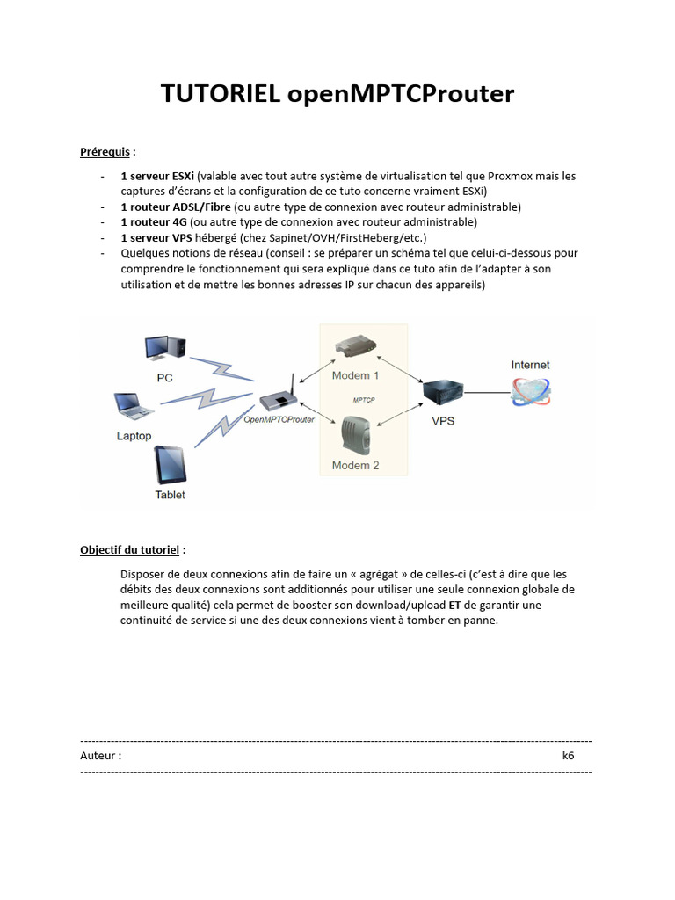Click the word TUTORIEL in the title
click(x=221, y=95)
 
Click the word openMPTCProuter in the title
click(x=401, y=95)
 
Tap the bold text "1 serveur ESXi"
click(x=157, y=176)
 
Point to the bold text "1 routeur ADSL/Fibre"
click(x=176, y=207)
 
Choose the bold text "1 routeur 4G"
click(x=154, y=222)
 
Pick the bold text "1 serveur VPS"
click(x=156, y=237)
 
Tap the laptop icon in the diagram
click(x=134, y=406)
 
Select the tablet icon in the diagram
click(x=170, y=466)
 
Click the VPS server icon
click(x=443, y=391)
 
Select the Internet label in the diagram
click(x=531, y=365)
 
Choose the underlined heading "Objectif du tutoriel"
click(x=130, y=550)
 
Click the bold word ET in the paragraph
click(x=454, y=605)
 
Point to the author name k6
click(x=569, y=756)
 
